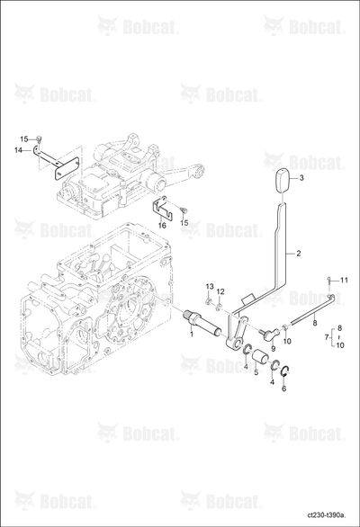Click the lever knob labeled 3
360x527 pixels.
[x=283, y=181]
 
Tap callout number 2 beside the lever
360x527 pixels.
[x=299, y=254]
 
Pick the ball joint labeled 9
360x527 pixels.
[x=269, y=334]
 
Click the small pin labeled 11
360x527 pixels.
[x=329, y=280]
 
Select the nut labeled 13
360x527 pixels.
[x=209, y=299]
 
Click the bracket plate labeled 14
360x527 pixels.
[x=56, y=163]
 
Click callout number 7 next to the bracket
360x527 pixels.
[x=327, y=336]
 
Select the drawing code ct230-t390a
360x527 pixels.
[x=328, y=515]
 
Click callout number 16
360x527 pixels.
[x=162, y=226]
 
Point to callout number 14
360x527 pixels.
[x=18, y=150]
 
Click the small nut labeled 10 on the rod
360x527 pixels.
[x=285, y=326]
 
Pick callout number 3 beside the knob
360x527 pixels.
[x=301, y=178]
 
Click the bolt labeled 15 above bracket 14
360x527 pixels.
[x=38, y=138]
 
